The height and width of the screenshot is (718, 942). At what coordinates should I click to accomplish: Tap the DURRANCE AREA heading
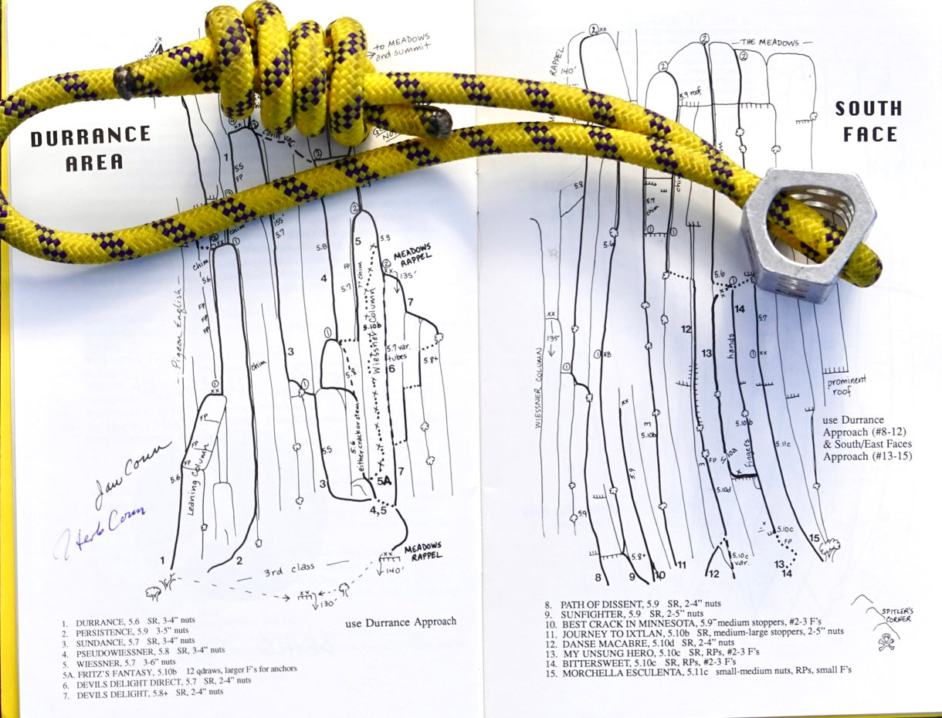(90, 148)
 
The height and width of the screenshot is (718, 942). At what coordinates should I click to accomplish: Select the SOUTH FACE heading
(868, 121)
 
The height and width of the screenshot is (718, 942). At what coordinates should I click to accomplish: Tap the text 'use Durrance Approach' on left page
(400, 621)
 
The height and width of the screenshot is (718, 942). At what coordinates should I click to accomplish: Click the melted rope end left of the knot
(124, 83)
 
